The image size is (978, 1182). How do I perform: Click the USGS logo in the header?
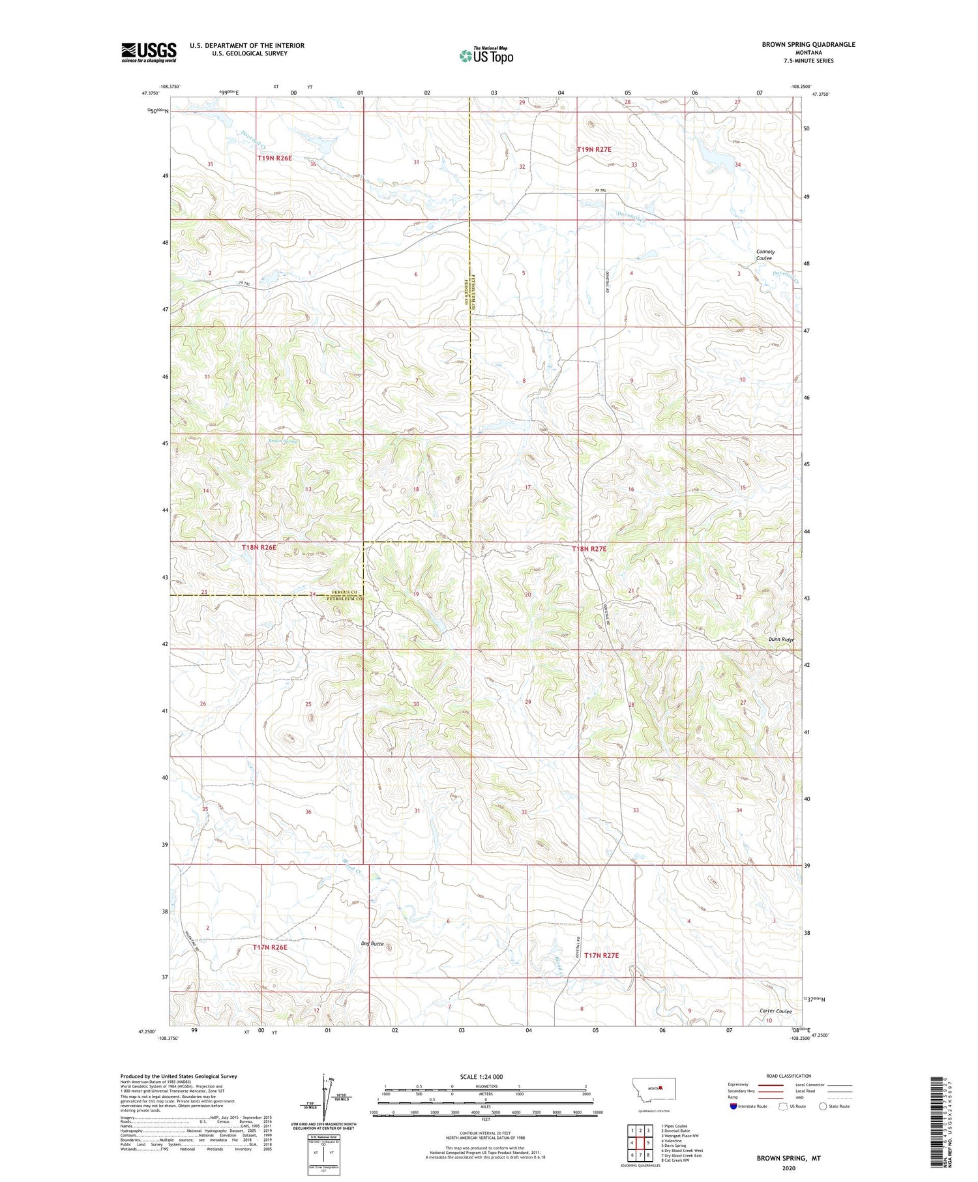(149, 52)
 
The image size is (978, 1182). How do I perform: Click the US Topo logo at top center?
(486, 55)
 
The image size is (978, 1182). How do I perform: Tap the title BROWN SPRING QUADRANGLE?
(808, 44)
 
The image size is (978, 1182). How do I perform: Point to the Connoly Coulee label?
(765, 255)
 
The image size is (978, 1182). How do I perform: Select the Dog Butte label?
(372, 943)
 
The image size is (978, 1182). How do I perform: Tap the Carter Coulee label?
(775, 1011)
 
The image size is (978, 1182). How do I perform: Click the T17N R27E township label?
(601, 955)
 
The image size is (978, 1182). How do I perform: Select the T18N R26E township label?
(259, 548)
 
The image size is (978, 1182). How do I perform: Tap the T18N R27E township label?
(589, 549)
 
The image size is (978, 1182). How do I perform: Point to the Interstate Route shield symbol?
(733, 1106)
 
